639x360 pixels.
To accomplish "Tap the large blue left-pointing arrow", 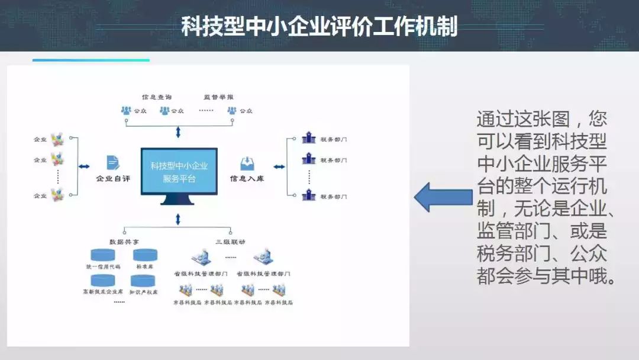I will click(442, 197).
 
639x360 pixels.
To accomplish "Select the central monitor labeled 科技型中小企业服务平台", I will click(179, 172).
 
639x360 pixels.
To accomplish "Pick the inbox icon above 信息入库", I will click(247, 163).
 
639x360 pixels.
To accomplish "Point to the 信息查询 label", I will click(157, 97).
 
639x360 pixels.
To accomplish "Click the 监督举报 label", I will click(218, 97).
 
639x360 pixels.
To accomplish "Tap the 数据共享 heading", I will click(124, 242).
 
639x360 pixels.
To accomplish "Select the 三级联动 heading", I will click(230, 242).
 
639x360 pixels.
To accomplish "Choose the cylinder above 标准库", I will click(145, 255).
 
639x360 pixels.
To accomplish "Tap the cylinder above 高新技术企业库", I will click(102, 279).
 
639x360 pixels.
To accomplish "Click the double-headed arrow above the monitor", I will click(178, 131).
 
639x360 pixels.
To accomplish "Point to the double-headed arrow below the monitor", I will click(178, 220).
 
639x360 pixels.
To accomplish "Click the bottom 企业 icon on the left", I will click(57, 194).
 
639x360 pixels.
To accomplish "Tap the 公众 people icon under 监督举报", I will click(232, 111).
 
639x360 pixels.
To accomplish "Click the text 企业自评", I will click(113, 178).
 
